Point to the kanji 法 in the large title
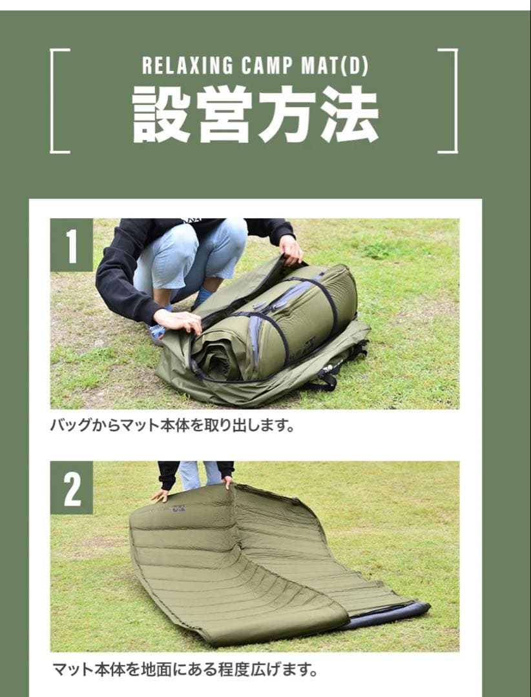coord(349,114)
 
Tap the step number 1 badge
coord(71,245)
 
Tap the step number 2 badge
coord(71,488)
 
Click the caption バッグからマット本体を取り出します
coord(172,427)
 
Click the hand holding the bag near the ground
coord(178,321)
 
